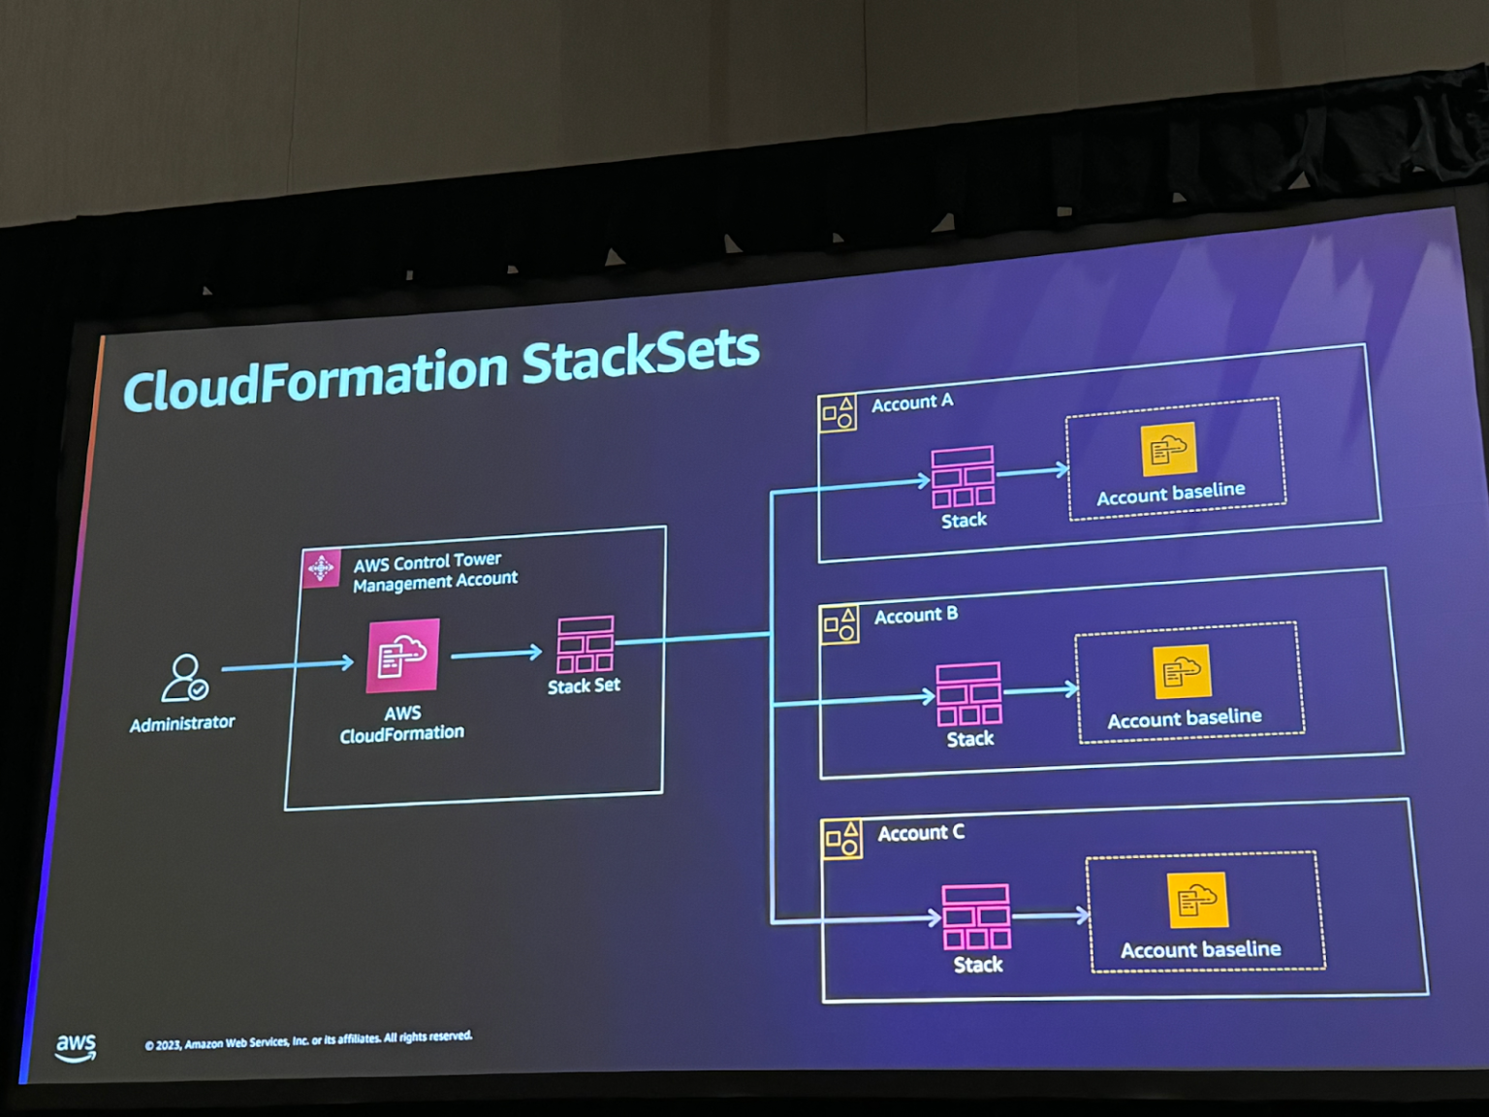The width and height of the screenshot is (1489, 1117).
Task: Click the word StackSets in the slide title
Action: click(x=640, y=355)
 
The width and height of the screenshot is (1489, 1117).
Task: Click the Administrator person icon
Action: click(x=184, y=678)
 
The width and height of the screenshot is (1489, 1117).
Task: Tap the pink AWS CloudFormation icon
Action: click(x=402, y=656)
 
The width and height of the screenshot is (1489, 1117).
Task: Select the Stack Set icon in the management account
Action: click(x=585, y=645)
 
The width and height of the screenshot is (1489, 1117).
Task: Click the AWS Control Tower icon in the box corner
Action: click(x=321, y=568)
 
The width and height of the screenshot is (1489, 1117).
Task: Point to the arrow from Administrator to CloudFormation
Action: click(x=287, y=665)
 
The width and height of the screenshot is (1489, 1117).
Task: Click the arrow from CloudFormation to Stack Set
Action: click(x=495, y=654)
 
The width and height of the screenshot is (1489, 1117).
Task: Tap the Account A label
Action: click(x=911, y=402)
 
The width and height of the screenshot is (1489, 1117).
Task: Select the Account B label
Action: click(x=915, y=616)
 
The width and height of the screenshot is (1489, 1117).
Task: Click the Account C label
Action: click(x=920, y=833)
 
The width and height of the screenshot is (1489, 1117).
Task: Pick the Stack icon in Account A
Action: click(x=963, y=477)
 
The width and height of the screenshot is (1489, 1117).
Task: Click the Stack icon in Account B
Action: click(x=968, y=694)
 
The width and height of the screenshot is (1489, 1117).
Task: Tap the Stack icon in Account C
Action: click(x=976, y=916)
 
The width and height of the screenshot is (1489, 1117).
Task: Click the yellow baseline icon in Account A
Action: click(x=1168, y=449)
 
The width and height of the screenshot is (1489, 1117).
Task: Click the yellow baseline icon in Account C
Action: click(x=1197, y=901)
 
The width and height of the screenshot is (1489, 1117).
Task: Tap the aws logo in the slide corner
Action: click(x=76, y=1047)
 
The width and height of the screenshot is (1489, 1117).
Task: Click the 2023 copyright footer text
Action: click(x=308, y=1040)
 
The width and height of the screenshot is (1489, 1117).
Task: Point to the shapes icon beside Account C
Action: click(x=841, y=840)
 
